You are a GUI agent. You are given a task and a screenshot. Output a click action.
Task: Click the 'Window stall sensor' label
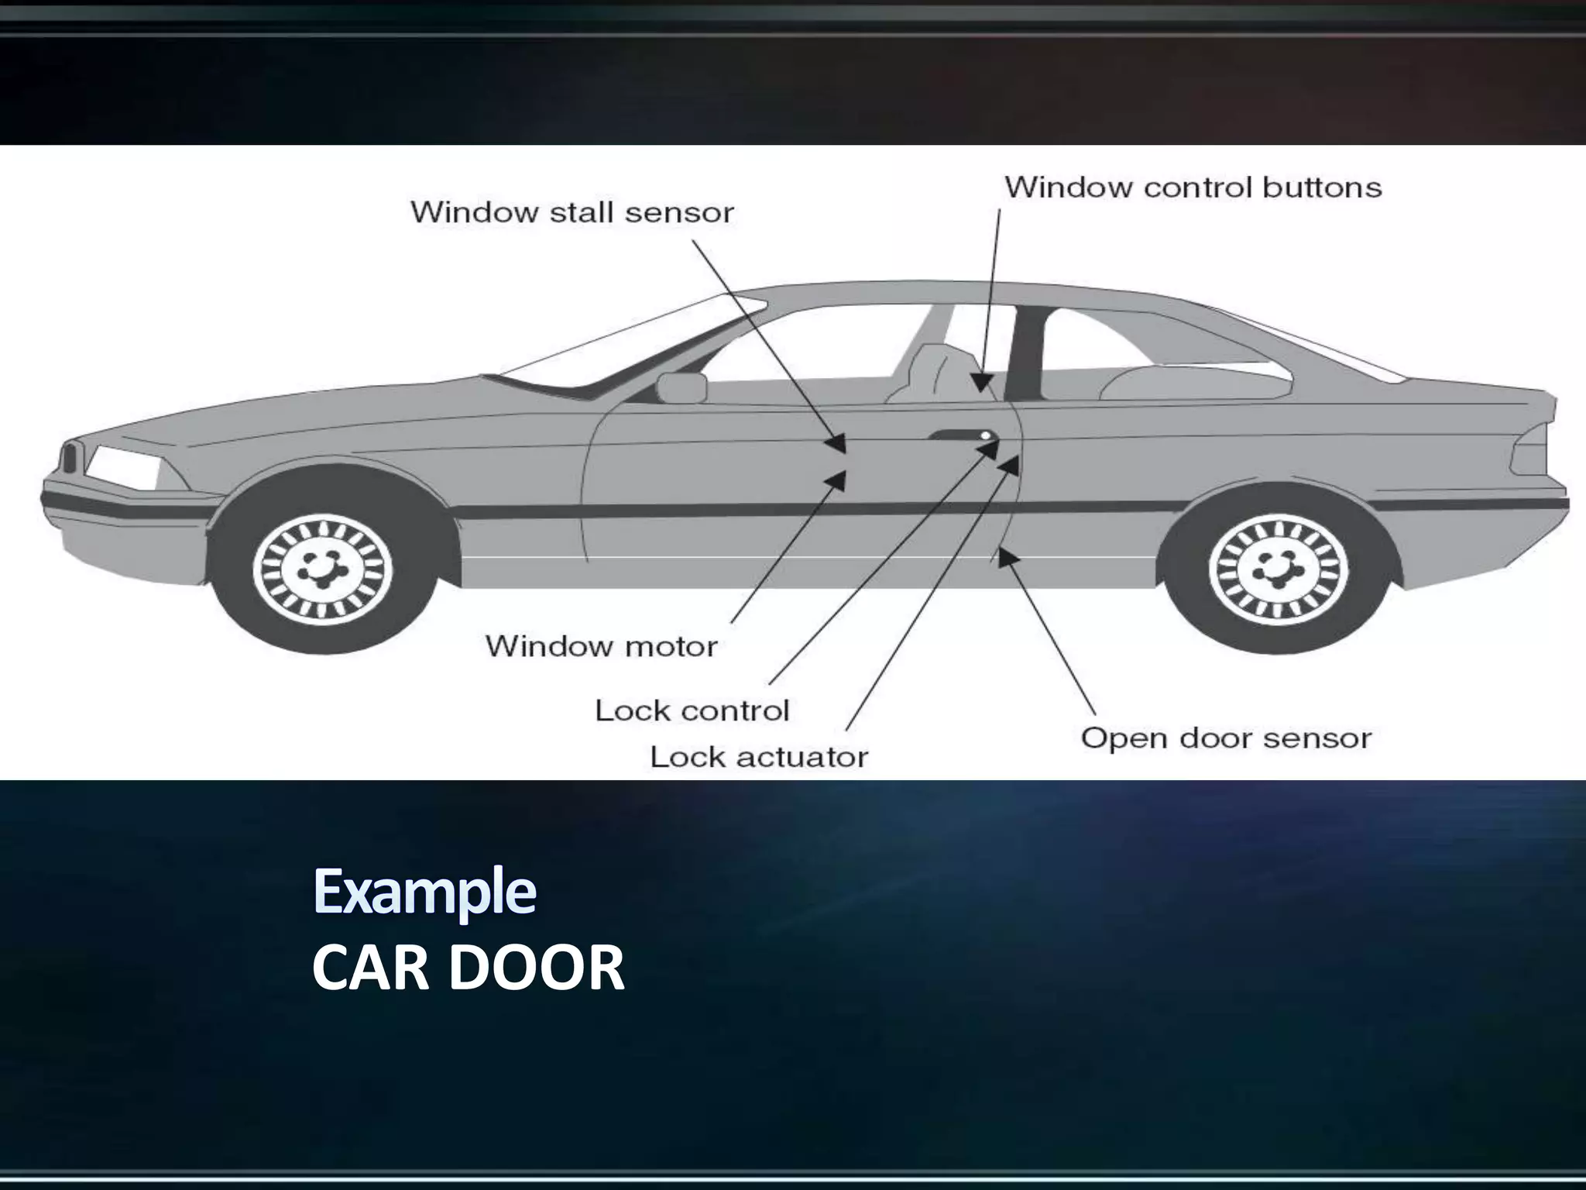pos(572,212)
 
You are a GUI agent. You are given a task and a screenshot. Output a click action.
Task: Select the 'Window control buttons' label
pos(1193,187)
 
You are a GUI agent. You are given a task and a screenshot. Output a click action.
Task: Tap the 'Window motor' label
pos(601,645)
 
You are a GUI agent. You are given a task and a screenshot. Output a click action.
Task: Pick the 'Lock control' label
pos(692,710)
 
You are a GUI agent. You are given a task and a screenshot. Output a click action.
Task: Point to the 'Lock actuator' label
pos(759,756)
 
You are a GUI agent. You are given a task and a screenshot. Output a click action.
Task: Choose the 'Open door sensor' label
pos(1226,738)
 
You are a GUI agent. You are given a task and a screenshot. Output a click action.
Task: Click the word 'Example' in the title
pos(424,891)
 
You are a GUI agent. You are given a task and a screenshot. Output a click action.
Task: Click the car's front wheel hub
pos(323,571)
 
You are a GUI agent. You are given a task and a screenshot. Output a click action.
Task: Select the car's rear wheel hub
pos(1278,571)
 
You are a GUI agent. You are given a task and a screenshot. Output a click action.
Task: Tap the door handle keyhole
pos(985,436)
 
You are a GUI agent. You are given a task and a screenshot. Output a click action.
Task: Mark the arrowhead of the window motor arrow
pos(838,480)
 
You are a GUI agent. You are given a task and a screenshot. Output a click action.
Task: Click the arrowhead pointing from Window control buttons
pos(982,382)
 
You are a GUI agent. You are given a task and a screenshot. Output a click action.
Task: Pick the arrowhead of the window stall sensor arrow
pos(838,445)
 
